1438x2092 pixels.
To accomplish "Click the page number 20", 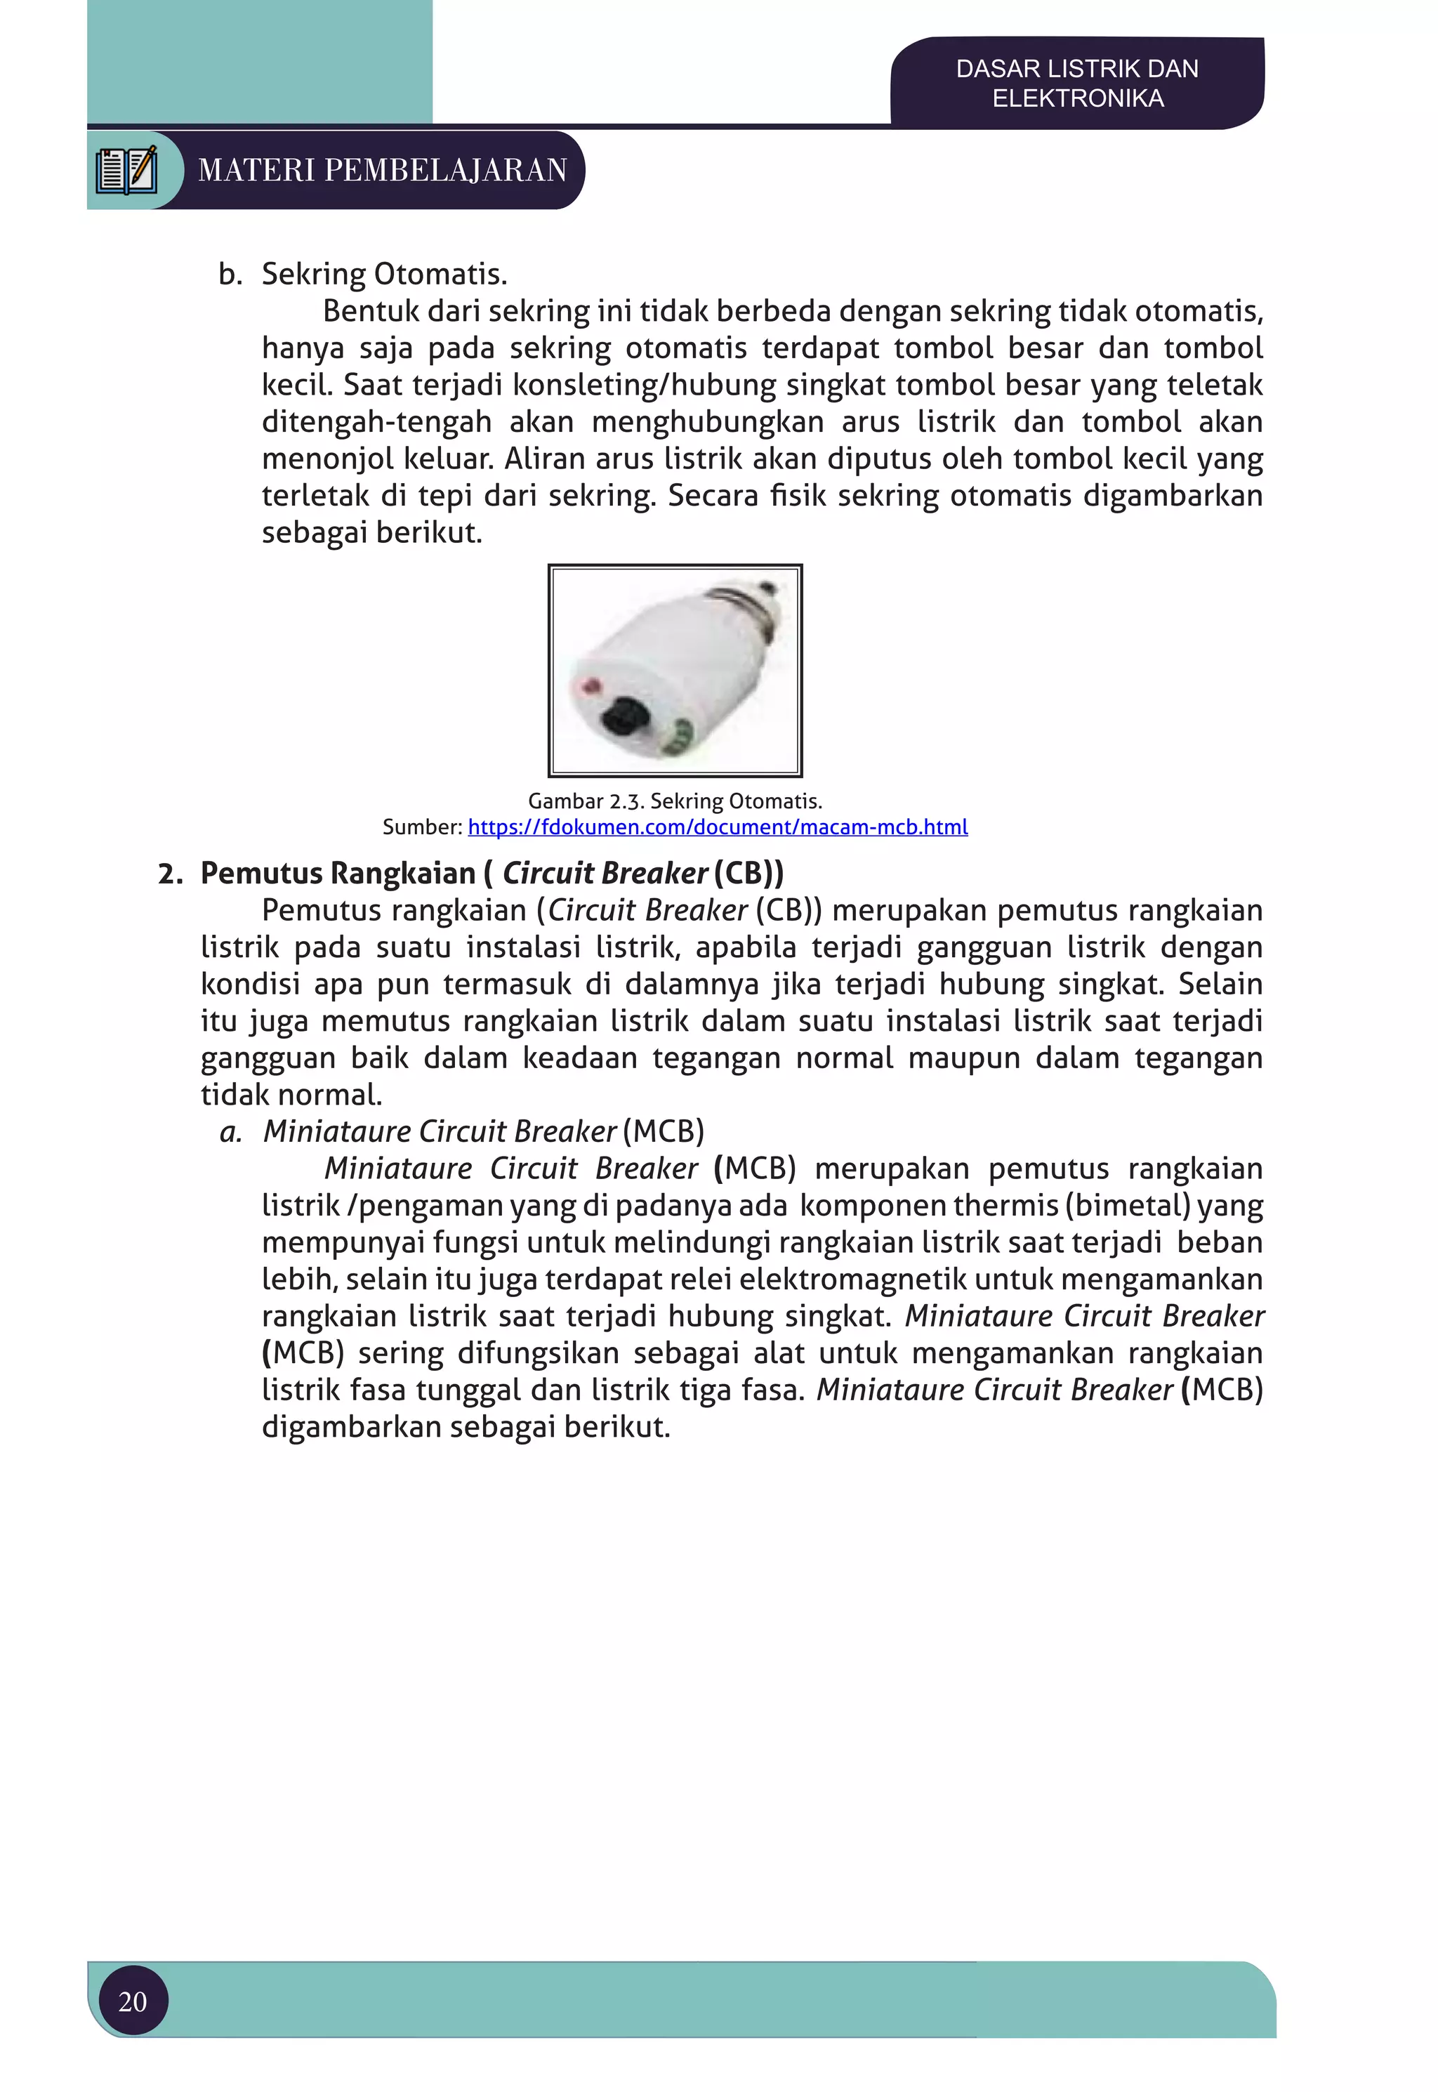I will [x=133, y=2001].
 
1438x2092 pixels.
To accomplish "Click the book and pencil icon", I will [x=127, y=169].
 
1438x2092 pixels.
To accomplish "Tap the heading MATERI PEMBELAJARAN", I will [x=382, y=169].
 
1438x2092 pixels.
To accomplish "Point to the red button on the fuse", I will [x=592, y=688].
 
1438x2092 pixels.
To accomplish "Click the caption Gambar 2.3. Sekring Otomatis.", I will [x=675, y=801].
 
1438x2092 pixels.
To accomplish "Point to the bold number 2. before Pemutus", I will [x=171, y=874].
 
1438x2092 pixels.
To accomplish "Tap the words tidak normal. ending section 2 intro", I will [x=291, y=1095].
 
